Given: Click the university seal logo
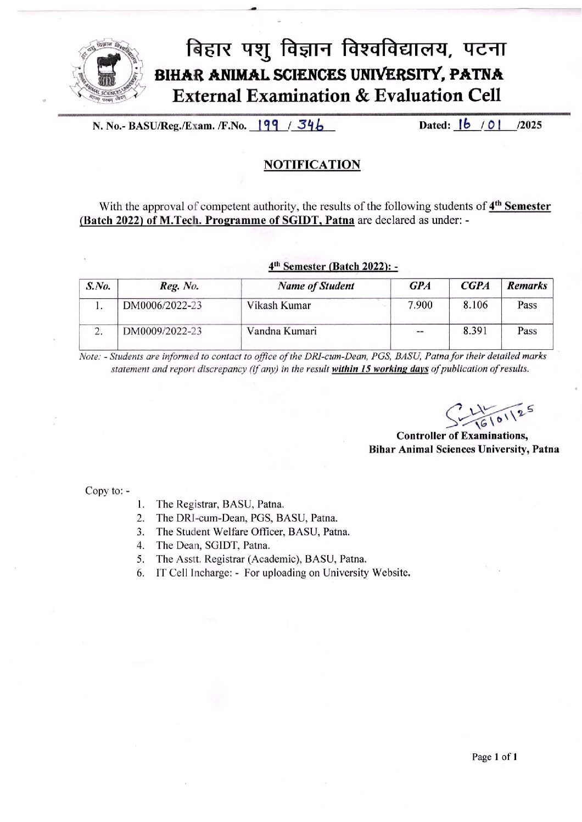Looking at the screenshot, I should tap(106, 72).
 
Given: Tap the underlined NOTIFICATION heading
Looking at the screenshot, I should tap(312, 165).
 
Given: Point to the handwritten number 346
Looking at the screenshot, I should tap(310, 125).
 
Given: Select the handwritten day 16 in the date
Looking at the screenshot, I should tap(465, 125).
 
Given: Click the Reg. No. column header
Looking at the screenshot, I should tap(179, 286).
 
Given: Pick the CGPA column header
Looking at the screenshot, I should tap(475, 286).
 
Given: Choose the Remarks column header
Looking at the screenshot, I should tap(527, 286).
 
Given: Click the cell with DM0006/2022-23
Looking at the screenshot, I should tap(163, 305).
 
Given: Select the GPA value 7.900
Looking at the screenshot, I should tap(420, 305).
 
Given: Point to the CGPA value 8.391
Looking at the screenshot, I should tap(475, 331).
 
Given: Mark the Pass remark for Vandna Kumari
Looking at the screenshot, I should tap(527, 331).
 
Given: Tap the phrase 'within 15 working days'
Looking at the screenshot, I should tap(380, 369).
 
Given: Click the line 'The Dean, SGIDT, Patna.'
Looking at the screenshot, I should tap(213, 545).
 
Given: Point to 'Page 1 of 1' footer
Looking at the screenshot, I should tap(495, 757).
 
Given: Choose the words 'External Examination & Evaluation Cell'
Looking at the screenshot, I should tap(337, 96).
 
